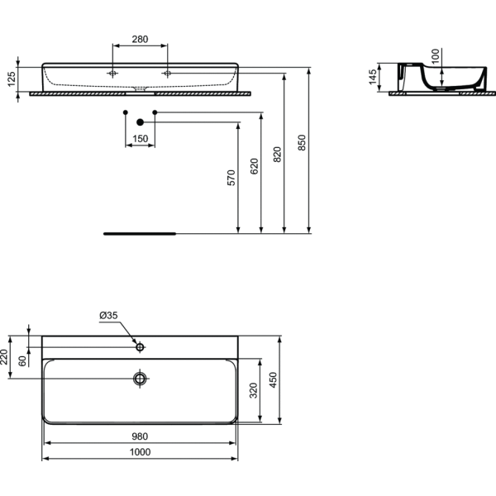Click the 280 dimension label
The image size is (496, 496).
click(x=140, y=39)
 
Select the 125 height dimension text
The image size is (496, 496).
click(x=12, y=79)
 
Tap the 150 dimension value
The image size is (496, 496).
click(x=141, y=139)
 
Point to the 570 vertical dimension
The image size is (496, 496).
click(x=231, y=178)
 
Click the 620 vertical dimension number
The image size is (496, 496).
click(x=255, y=166)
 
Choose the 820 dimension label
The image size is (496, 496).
click(x=277, y=155)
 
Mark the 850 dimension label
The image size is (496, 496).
click(x=302, y=143)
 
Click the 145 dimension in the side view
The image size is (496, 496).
click(x=373, y=77)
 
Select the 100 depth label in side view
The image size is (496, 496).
click(x=436, y=56)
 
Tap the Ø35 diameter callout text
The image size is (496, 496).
click(x=108, y=316)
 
